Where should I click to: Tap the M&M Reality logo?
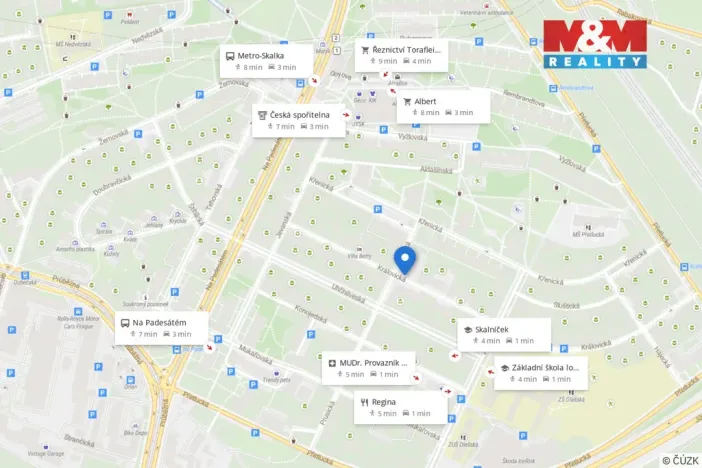click(595, 43)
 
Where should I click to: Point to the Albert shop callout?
click(443, 106)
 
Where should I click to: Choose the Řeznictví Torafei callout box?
click(403, 54)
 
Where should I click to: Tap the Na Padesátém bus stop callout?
click(160, 327)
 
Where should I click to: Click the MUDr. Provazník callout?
click(371, 367)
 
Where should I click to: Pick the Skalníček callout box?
click(503, 334)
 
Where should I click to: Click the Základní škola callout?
click(541, 372)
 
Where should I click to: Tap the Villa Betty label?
click(359, 257)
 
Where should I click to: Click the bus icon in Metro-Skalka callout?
click(230, 56)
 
